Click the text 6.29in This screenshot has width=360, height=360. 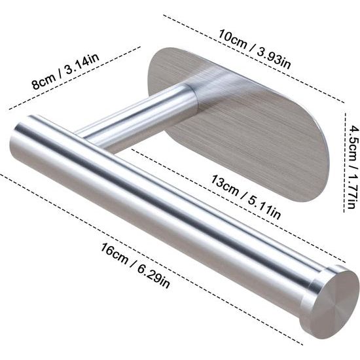click(154, 276)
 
